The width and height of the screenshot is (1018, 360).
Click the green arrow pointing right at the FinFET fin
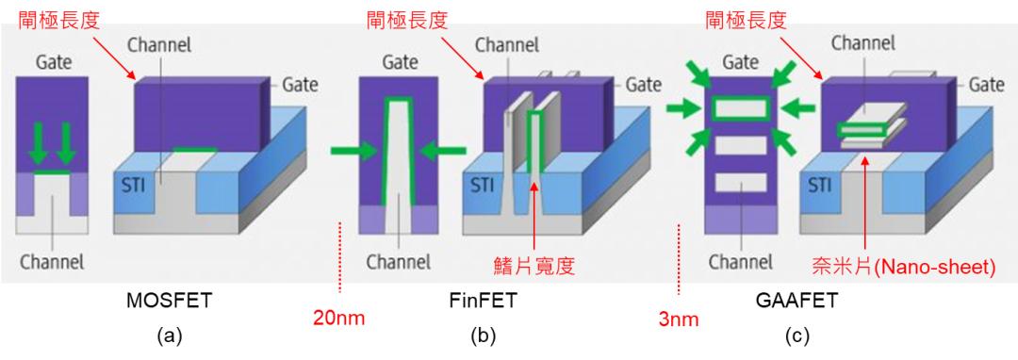(350, 149)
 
